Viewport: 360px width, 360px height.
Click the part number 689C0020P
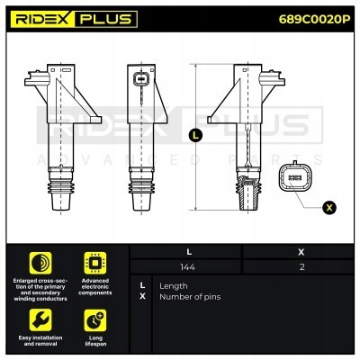pos(315,19)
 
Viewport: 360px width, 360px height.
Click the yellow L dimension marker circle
pos(196,136)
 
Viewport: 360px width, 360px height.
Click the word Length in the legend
pos(174,285)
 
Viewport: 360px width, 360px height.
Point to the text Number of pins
pos(189,297)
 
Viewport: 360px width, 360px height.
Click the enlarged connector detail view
pos(296,178)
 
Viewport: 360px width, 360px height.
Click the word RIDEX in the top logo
pos(49,19)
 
